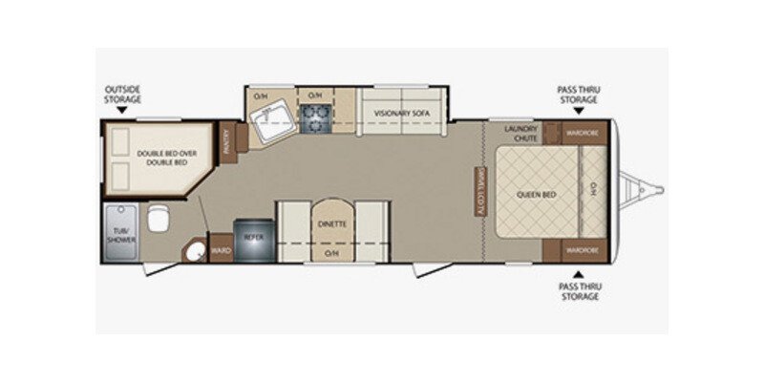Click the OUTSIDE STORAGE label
(x=123, y=94)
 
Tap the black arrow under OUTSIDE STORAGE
(x=122, y=112)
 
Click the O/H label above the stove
(x=313, y=95)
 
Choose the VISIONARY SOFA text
(x=402, y=114)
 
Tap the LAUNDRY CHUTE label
(x=527, y=133)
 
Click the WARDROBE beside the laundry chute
(x=581, y=133)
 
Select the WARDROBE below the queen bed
(x=581, y=250)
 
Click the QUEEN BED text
(x=537, y=194)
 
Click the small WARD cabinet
(x=221, y=251)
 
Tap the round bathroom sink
(x=195, y=252)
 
